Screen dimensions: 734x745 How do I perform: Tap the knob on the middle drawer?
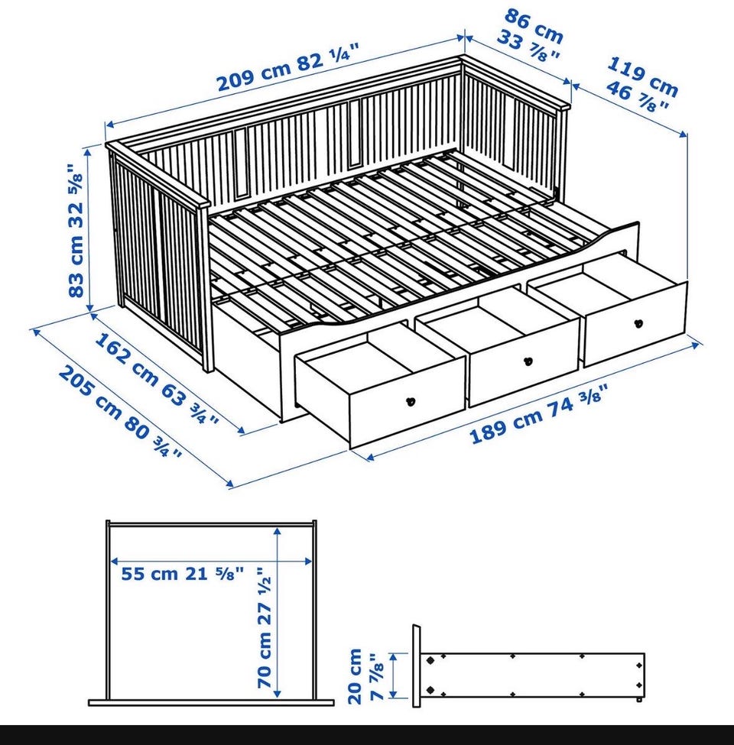point(528,361)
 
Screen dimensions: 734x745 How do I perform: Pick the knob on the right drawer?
point(638,323)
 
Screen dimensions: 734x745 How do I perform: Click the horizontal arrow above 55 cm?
point(211,561)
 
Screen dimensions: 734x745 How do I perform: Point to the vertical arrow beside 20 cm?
point(393,675)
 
